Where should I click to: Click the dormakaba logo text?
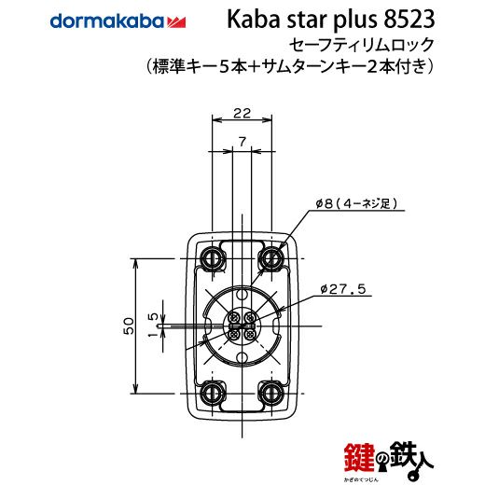[x=106, y=21]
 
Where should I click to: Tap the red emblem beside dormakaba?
[x=176, y=22]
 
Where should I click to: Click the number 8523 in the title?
[x=409, y=20]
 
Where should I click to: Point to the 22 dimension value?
[x=242, y=114]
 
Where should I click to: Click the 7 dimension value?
[x=242, y=142]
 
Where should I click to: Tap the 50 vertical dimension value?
[x=129, y=326]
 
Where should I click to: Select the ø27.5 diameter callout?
[x=343, y=289]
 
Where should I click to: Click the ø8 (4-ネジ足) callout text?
[x=357, y=204]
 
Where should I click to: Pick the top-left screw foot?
[x=213, y=258]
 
